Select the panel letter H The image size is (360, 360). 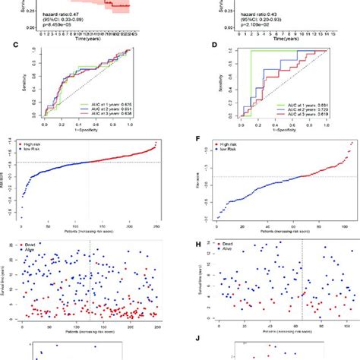point(198,244)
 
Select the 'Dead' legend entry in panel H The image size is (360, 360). point(236,245)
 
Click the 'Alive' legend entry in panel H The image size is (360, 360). point(236,251)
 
